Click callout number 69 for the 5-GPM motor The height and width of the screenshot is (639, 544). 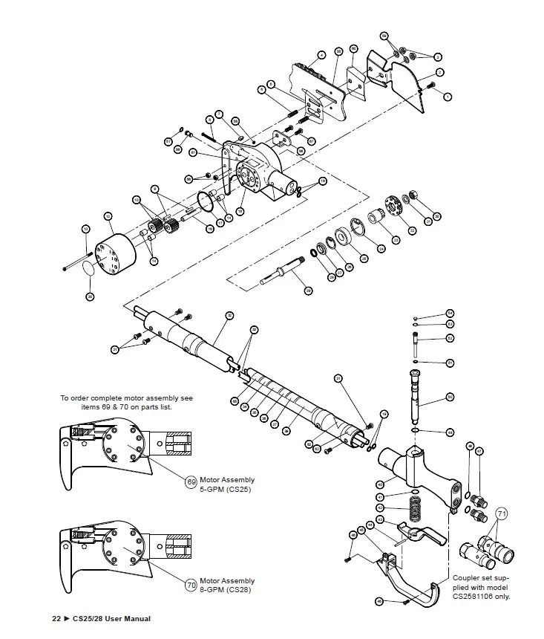coord(191,482)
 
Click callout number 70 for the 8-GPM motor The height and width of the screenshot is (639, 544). coord(191,585)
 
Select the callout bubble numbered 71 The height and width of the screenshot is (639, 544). coord(502,513)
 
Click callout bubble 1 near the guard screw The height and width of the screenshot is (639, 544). coord(448,96)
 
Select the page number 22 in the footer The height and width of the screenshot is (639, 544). coord(56,619)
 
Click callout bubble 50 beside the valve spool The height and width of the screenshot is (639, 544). coord(450,397)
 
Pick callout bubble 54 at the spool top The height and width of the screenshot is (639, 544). coord(450,314)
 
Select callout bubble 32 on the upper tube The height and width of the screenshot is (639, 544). coord(229,316)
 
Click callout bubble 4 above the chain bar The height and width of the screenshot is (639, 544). coord(321,55)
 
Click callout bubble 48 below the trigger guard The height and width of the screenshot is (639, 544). coord(378,600)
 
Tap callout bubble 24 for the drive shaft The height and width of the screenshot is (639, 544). coord(308,291)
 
